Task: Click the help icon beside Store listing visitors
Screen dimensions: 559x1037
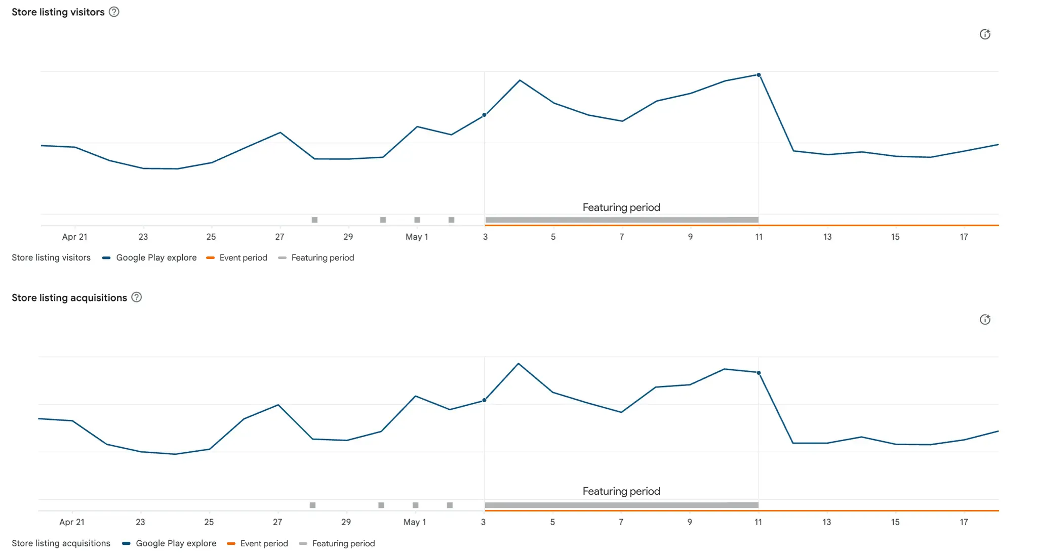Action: [x=114, y=12]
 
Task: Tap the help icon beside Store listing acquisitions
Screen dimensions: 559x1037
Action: [x=137, y=297]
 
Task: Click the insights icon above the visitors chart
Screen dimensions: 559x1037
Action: [x=985, y=34]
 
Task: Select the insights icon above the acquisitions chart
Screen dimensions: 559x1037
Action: [x=985, y=320]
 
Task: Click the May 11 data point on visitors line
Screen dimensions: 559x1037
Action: [x=759, y=75]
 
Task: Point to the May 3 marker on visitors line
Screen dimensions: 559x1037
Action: [x=485, y=115]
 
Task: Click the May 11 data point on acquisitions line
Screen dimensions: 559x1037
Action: [x=759, y=373]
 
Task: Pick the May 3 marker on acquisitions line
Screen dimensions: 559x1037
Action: [x=485, y=400]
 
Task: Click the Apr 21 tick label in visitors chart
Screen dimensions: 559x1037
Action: [x=74, y=237]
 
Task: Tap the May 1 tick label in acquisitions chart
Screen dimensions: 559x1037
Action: [x=415, y=522]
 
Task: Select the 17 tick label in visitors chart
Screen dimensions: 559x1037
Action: [x=964, y=237]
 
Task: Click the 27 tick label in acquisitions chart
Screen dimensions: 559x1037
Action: [x=277, y=522]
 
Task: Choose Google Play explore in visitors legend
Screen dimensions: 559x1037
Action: [x=156, y=257]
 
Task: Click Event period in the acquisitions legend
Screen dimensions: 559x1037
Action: [x=264, y=543]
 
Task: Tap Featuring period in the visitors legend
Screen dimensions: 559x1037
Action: [x=323, y=257]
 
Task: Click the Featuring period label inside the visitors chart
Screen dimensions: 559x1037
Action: [x=621, y=207]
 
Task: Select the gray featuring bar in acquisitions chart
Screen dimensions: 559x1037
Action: [x=621, y=505]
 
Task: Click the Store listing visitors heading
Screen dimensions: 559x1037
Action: [x=58, y=12]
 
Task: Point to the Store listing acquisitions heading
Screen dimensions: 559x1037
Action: [x=69, y=298]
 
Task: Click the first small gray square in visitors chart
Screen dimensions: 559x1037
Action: [x=314, y=220]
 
